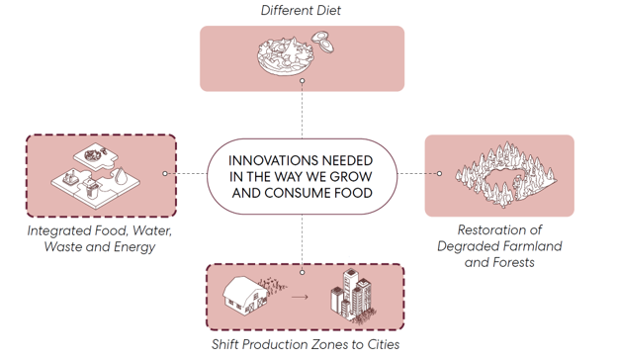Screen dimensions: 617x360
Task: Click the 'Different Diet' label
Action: point(301,10)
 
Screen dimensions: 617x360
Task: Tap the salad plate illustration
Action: point(286,55)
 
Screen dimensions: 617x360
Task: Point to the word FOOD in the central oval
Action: point(353,193)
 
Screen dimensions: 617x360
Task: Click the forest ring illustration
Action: point(505,175)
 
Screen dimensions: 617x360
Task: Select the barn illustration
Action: point(245,295)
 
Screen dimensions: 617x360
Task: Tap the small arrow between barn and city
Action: point(300,297)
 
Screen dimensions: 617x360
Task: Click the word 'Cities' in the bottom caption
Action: point(384,344)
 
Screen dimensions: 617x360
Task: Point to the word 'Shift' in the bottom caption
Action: point(224,344)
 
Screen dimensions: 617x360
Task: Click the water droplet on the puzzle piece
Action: point(122,175)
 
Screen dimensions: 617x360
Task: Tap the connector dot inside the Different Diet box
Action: point(302,81)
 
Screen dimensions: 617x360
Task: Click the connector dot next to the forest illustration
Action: point(440,173)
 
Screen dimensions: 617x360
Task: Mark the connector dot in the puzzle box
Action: point(165,173)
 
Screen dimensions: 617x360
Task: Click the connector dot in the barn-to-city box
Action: point(302,272)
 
